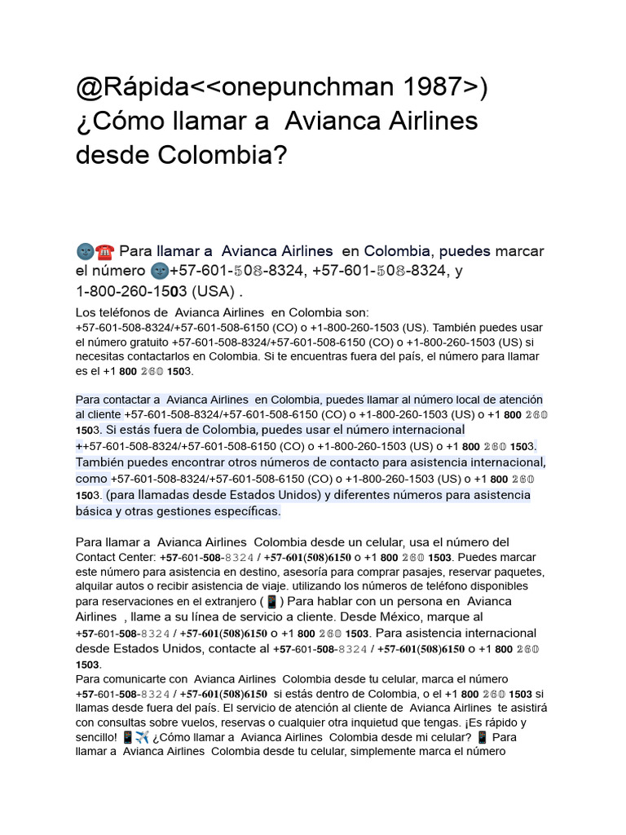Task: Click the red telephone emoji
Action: point(104,250)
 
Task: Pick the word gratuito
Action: point(148,342)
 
